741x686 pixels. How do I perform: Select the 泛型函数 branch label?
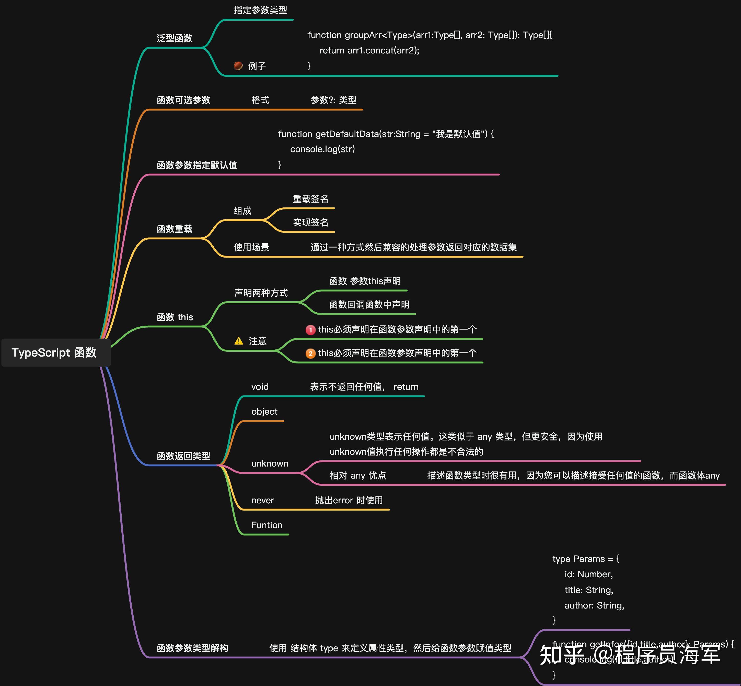click(174, 38)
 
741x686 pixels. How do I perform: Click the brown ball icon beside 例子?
click(238, 66)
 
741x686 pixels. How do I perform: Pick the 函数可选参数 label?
click(183, 100)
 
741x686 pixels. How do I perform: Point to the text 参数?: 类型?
click(333, 100)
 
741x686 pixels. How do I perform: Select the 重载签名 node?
click(310, 199)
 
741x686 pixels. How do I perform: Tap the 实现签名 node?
click(310, 222)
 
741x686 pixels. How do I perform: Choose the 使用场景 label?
click(251, 247)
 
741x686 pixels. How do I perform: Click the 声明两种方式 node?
click(261, 293)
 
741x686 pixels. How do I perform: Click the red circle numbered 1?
click(310, 330)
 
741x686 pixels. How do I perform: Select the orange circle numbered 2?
click(310, 353)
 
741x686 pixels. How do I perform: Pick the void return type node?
click(260, 387)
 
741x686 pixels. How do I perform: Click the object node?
click(264, 412)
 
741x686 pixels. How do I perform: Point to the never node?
click(263, 500)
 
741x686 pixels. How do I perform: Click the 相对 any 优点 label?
click(357, 475)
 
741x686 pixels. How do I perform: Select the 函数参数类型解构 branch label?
click(192, 648)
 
